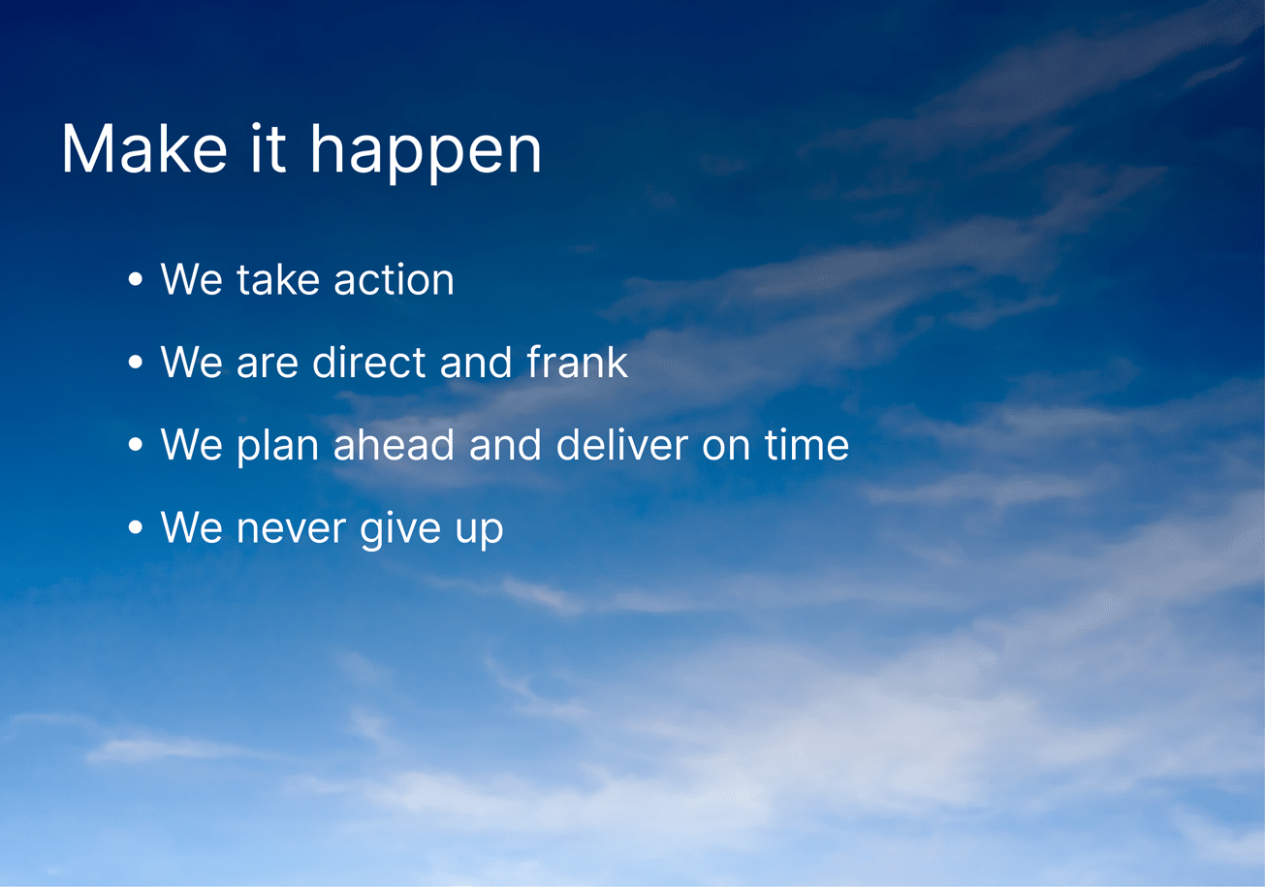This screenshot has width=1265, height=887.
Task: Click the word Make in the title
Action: [x=144, y=148]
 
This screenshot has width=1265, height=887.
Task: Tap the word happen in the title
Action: [x=426, y=152]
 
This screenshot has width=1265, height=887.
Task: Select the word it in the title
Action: [x=269, y=147]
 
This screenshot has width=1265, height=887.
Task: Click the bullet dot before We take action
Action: [x=135, y=279]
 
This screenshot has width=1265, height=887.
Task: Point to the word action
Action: [x=394, y=279]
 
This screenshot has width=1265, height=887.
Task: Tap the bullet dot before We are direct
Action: [x=135, y=362]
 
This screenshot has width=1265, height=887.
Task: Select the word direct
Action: [x=369, y=361]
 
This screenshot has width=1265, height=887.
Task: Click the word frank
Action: [x=577, y=361]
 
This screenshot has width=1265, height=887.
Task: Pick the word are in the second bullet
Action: [x=268, y=365]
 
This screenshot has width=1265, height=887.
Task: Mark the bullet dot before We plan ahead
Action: [x=135, y=444]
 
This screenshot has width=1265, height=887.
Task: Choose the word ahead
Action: [x=394, y=443]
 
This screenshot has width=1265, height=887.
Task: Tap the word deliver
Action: [x=622, y=443]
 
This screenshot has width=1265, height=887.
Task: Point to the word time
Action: [x=806, y=444]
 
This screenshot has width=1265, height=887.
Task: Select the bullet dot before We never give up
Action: [x=135, y=527]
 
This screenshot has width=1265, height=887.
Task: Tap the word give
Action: [x=400, y=529]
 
